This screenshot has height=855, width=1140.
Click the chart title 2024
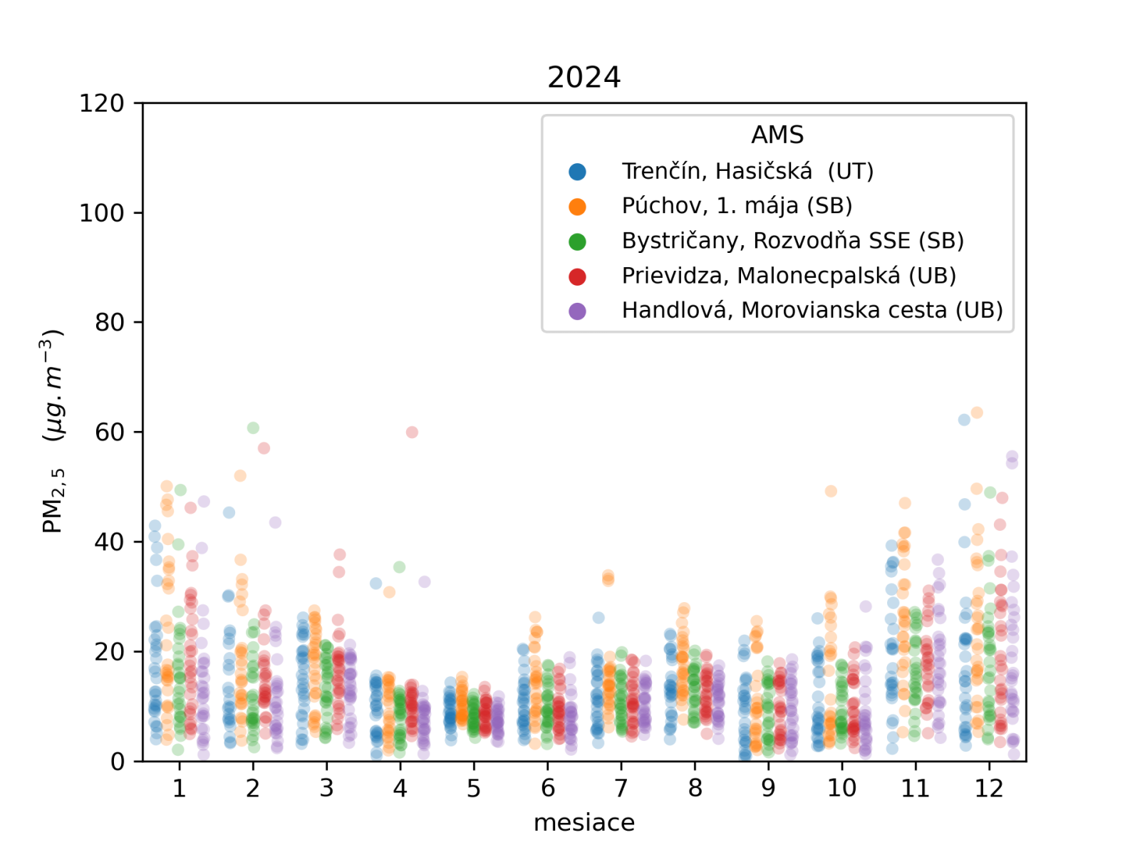click(x=584, y=77)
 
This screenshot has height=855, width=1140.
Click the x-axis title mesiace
click(x=584, y=822)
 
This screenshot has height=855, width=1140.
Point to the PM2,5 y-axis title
click(x=53, y=431)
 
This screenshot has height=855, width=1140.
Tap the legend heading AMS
click(x=777, y=135)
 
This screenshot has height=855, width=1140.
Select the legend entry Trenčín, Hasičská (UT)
click(x=747, y=171)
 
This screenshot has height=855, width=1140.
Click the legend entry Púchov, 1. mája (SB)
click(x=737, y=206)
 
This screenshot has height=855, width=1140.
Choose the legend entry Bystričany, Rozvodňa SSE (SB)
click(x=792, y=241)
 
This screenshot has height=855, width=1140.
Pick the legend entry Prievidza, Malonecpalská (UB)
click(x=789, y=276)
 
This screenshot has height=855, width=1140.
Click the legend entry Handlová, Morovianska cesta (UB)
click(x=812, y=311)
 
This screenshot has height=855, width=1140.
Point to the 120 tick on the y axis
click(x=101, y=103)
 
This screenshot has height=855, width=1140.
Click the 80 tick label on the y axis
click(x=109, y=323)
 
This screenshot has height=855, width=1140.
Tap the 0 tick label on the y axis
click(x=118, y=762)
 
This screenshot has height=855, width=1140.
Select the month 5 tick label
click(x=474, y=788)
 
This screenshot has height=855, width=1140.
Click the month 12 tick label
click(x=989, y=788)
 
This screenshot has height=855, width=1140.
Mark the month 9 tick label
click(x=768, y=788)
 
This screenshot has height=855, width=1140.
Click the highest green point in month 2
click(x=253, y=428)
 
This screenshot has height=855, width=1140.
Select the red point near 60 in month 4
click(x=412, y=432)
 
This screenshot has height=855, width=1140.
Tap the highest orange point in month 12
click(x=977, y=413)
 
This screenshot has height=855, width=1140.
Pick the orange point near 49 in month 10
click(x=831, y=492)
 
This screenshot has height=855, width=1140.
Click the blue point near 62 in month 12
click(x=964, y=420)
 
